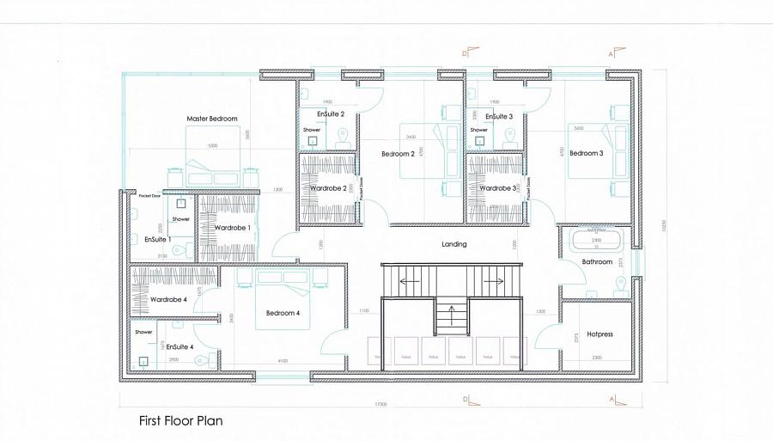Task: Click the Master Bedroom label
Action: [x=212, y=119]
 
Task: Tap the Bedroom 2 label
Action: [x=399, y=154]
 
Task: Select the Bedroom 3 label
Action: [x=587, y=153]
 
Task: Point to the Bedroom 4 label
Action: [x=283, y=313]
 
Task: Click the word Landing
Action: [x=454, y=244]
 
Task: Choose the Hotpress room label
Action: [x=600, y=334]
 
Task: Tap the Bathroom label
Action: [x=596, y=261]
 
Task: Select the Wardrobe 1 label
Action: [x=232, y=228]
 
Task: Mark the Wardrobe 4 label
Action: [x=168, y=300]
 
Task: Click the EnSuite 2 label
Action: [x=331, y=114]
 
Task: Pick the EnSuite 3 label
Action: [x=499, y=116]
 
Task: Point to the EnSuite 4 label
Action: [x=180, y=346]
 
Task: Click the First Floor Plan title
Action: [x=180, y=421]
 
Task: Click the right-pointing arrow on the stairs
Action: [x=497, y=280]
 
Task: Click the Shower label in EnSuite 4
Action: [x=143, y=332]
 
